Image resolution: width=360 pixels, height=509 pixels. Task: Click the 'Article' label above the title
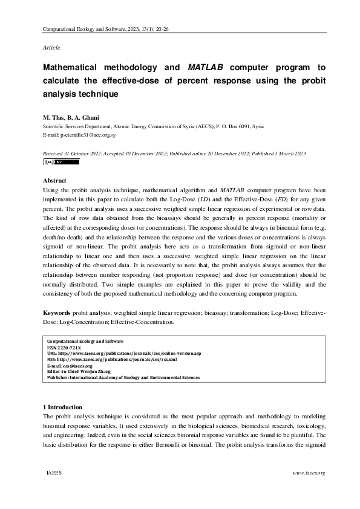coord(51,47)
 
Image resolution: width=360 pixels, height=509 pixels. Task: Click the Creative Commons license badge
coord(53,162)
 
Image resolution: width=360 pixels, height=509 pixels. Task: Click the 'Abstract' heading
coord(55,180)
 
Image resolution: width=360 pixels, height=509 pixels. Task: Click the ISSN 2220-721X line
coord(64,349)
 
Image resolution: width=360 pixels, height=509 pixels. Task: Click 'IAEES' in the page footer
coord(54,473)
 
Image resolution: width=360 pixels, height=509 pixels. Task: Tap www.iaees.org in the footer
coord(309,473)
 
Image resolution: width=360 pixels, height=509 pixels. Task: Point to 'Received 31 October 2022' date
coord(73,154)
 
